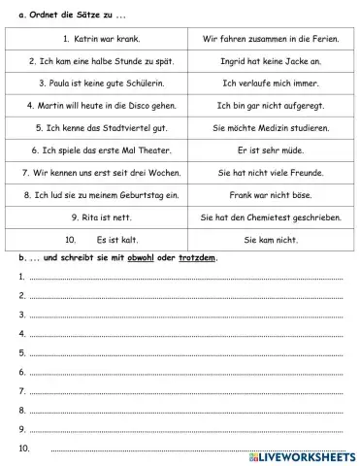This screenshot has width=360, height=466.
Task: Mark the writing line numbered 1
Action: (184, 279)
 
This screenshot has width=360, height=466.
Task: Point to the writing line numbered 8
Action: (184, 410)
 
